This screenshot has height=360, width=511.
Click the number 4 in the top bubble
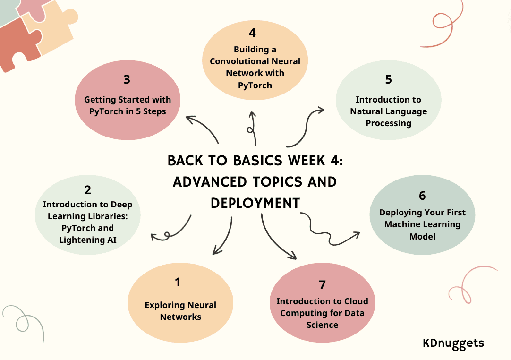(x=253, y=33)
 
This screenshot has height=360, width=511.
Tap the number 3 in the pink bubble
(x=127, y=79)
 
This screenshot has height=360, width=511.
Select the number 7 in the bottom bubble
(x=322, y=285)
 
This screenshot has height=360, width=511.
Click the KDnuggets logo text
(x=453, y=343)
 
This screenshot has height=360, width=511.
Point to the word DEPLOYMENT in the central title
(x=255, y=203)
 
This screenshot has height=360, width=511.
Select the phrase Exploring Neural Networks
(x=180, y=311)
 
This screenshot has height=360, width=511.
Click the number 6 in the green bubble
(x=422, y=196)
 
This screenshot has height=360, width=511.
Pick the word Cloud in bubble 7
(x=355, y=301)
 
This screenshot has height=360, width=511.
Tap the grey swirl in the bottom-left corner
(x=21, y=321)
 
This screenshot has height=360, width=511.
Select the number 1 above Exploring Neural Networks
(x=178, y=282)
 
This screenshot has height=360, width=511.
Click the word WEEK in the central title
(x=302, y=161)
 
